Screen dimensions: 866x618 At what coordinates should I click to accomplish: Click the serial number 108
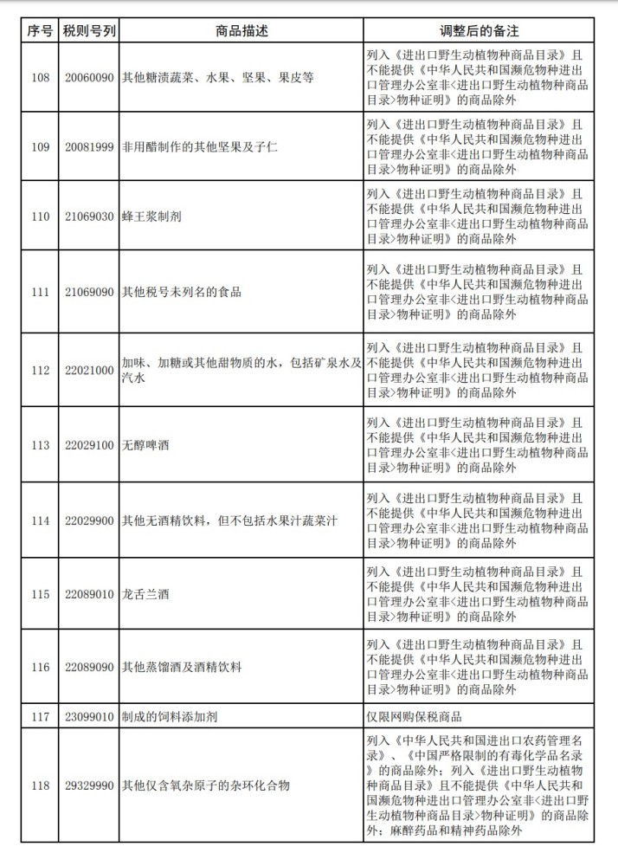tap(40, 77)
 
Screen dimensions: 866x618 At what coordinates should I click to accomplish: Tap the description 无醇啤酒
tap(146, 445)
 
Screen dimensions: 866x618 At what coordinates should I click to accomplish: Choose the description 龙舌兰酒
tap(146, 595)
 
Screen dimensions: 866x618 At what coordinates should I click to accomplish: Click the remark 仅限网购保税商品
tap(415, 716)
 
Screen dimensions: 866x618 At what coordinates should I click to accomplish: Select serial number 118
tap(40, 785)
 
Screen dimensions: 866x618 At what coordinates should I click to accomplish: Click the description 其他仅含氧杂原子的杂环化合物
tap(204, 785)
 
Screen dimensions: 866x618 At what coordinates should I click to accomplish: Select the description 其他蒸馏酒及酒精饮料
tap(181, 668)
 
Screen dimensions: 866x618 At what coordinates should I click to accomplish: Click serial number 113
tap(40, 445)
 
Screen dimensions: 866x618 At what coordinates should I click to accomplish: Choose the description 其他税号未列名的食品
tap(181, 292)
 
